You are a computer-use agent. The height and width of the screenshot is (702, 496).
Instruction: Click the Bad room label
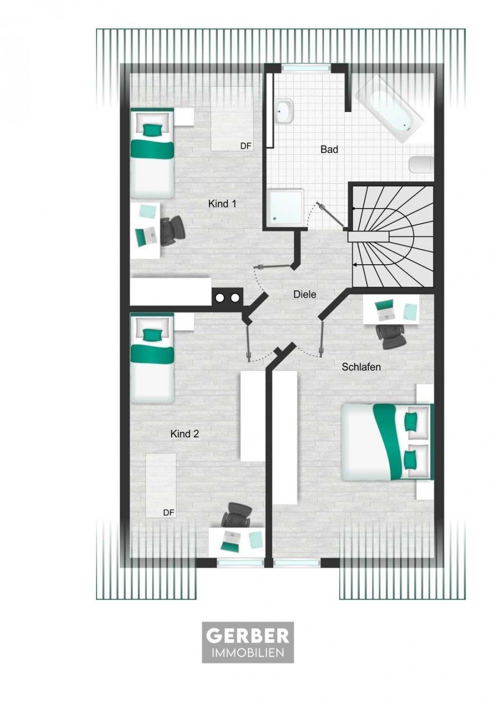(x=329, y=149)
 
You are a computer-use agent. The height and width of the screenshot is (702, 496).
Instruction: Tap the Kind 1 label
(x=222, y=204)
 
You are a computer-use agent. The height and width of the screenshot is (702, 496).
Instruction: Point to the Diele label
(x=305, y=294)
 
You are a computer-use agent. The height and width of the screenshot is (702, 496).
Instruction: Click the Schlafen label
(x=361, y=367)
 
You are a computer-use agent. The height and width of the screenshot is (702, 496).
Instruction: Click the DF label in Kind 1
(x=246, y=146)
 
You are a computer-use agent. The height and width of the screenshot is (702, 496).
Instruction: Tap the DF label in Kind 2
(x=169, y=513)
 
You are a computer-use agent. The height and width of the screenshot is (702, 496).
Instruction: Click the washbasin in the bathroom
(x=285, y=112)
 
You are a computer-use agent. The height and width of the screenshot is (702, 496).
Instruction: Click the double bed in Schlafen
(x=388, y=445)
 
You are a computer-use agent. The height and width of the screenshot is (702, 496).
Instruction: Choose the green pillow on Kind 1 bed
(x=152, y=129)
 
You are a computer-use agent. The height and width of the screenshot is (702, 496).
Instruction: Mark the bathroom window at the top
(x=306, y=67)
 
